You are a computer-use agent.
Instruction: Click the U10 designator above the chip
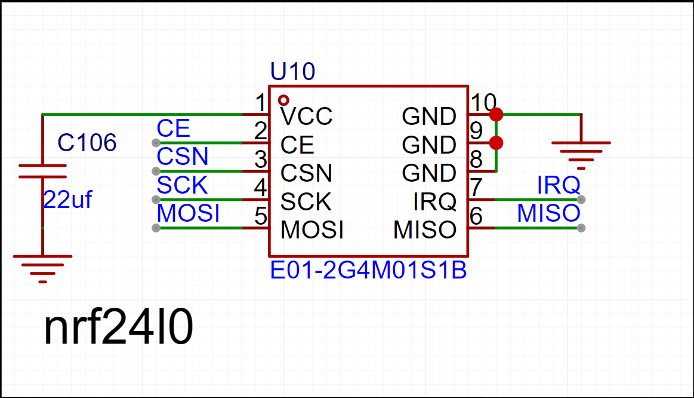pos(292,72)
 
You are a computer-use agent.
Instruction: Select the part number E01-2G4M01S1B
pos(368,271)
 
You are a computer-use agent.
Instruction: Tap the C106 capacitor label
pos(87,143)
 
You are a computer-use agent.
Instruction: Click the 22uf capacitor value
pos(67,200)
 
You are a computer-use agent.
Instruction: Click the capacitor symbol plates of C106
pos(42,171)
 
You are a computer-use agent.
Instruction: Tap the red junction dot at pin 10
pos(495,114)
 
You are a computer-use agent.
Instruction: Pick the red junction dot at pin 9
pos(495,143)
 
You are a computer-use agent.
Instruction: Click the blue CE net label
pos(173,128)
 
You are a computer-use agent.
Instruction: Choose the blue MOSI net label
pos(188,213)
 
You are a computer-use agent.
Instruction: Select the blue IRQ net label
pos(559,185)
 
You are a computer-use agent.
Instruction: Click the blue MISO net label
pos(548,213)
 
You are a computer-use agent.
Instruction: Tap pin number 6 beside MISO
pos(476,216)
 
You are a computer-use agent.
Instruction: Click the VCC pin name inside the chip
pos(306,116)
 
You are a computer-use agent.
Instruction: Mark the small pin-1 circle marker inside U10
pos(284,100)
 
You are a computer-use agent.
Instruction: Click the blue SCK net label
pos(182,185)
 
